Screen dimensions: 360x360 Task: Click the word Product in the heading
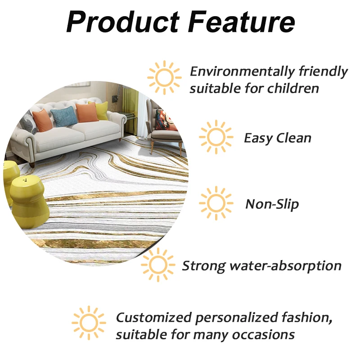(x=123, y=22)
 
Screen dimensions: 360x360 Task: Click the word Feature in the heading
(x=242, y=22)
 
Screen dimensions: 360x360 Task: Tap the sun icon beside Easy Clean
(x=216, y=137)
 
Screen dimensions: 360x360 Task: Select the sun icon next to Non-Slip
(x=216, y=203)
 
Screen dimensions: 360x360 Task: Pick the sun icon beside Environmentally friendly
(x=164, y=77)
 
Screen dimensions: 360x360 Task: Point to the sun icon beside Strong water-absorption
(x=158, y=265)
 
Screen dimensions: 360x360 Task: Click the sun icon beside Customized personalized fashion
(x=89, y=323)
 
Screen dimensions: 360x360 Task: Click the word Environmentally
(x=242, y=72)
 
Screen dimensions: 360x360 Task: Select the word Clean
(x=294, y=138)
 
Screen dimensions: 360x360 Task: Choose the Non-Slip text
(x=272, y=204)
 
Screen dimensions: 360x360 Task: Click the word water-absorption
(x=286, y=266)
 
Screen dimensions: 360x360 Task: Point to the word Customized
(x=154, y=318)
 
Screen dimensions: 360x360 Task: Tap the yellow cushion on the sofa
(x=100, y=111)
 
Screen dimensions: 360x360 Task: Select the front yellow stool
(x=29, y=202)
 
